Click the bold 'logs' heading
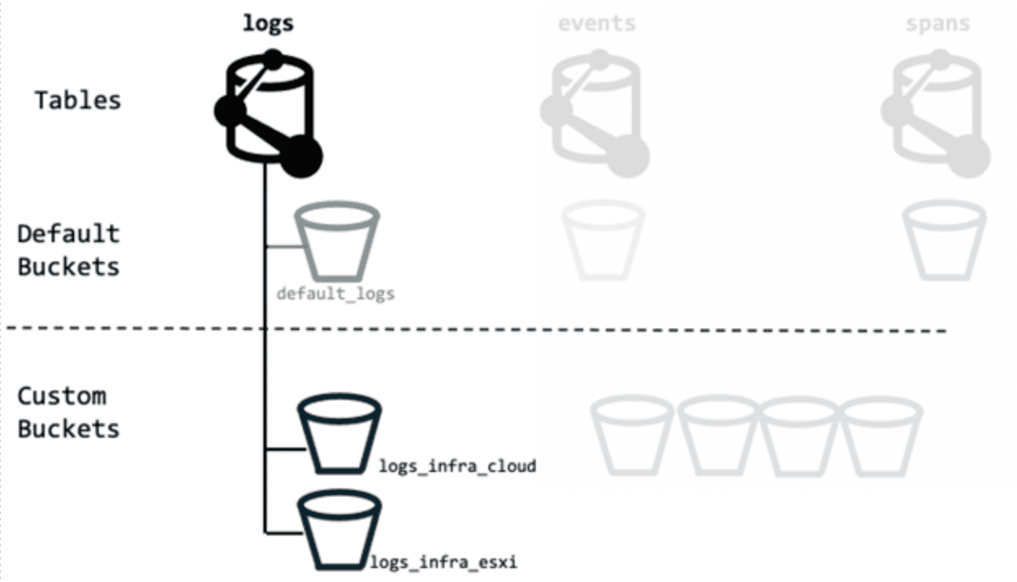(268, 23)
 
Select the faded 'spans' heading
(938, 23)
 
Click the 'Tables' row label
(77, 100)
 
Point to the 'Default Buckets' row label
(69, 250)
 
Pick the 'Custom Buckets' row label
(69, 412)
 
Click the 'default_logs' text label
(335, 293)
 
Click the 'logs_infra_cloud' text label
(457, 466)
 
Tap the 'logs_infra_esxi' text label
(444, 562)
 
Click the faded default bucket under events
(604, 241)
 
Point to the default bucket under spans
(944, 241)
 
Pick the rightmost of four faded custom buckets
(882, 435)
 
